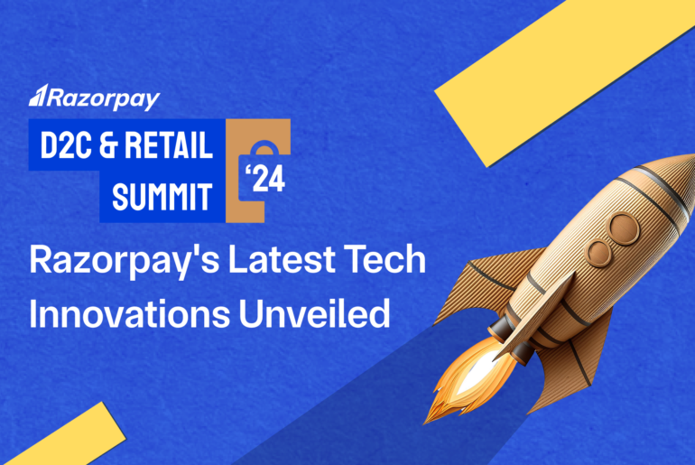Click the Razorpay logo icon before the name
pyautogui.click(x=38, y=97)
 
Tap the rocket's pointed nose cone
pyautogui.click(x=681, y=172)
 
